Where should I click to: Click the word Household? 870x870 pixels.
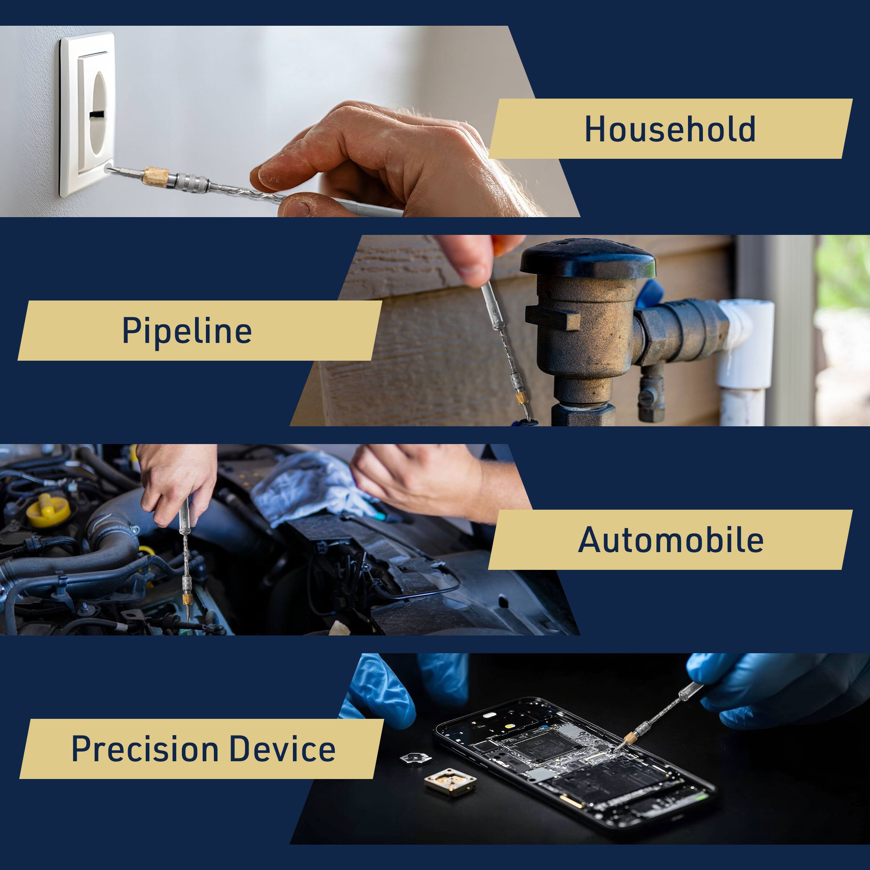click(670, 129)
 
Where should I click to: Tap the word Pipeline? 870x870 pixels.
click(187, 331)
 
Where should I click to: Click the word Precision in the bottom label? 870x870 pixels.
click(145, 749)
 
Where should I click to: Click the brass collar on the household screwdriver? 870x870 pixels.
click(156, 175)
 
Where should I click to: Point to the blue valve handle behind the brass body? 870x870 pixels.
click(649, 293)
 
